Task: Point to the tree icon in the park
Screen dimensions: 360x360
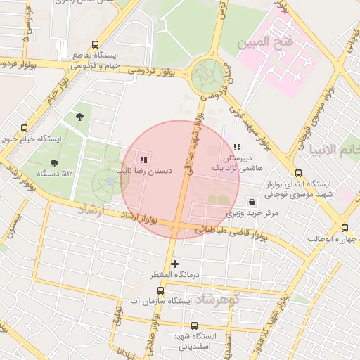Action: click(79, 117)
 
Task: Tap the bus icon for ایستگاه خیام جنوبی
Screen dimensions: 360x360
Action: click(25, 129)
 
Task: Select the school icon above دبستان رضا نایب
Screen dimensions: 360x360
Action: click(144, 160)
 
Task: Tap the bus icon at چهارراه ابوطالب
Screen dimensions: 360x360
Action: click(345, 228)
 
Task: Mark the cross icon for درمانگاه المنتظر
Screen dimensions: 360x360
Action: click(174, 264)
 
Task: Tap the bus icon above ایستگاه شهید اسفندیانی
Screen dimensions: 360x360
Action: click(195, 326)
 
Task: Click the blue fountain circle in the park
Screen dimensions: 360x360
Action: click(110, 182)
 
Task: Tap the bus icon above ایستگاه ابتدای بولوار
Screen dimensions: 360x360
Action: click(298, 173)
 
